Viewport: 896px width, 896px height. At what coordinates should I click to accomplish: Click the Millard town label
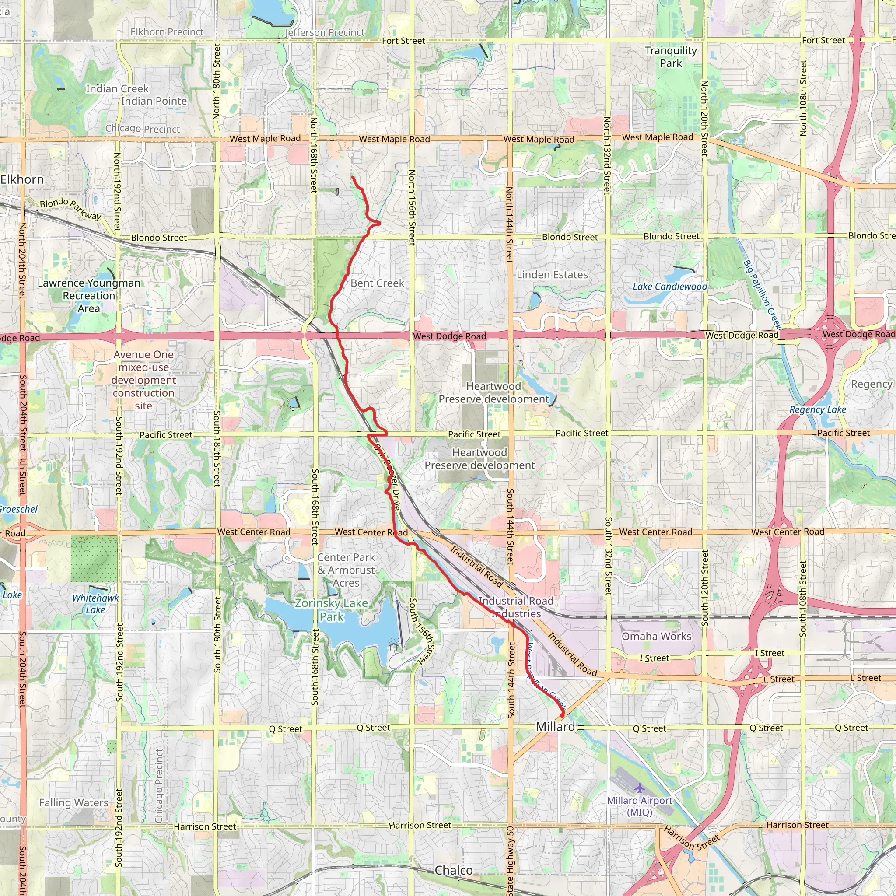555,727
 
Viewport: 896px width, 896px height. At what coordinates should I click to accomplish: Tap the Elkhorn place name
22,179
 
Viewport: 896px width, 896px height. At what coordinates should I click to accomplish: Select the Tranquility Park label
671,57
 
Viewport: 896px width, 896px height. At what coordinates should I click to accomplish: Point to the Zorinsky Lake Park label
332,609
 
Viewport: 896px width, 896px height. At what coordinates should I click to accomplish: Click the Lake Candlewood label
670,287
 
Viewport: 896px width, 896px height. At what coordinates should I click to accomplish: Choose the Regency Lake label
818,409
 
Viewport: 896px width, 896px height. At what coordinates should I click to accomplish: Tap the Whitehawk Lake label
95,604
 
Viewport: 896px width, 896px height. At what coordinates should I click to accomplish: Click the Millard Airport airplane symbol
640,787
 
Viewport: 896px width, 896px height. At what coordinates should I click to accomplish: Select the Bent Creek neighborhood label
377,283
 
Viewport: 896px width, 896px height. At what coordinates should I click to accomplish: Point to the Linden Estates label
552,275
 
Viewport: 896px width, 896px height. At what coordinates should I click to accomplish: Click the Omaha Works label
656,636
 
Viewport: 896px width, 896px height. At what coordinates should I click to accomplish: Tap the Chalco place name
454,871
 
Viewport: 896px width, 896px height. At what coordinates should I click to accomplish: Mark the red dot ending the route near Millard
562,716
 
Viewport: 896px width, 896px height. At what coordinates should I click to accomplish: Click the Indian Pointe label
154,101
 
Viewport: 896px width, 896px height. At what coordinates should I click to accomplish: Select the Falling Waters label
74,803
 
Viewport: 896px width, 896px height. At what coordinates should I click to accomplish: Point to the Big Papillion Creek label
763,294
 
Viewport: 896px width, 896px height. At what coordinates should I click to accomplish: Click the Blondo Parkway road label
70,209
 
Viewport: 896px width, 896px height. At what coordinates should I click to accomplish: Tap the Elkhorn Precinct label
167,32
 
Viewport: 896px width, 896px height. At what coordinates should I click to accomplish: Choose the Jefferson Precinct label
325,32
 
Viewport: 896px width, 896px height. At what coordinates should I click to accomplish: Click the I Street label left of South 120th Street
654,658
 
